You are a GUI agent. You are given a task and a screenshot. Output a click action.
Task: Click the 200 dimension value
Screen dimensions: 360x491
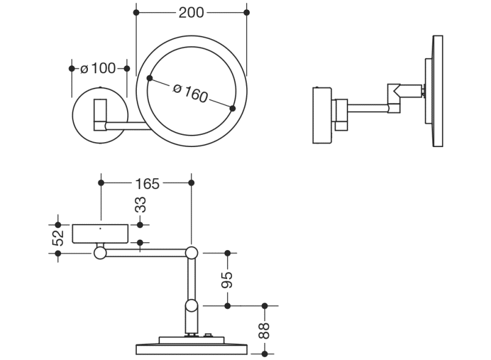click(191, 12)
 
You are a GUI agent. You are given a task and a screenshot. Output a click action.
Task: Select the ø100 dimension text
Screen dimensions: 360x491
click(98, 68)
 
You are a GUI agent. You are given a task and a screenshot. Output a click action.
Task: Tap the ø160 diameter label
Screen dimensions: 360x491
click(191, 94)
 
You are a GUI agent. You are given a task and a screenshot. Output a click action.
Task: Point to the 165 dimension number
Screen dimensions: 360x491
click(146, 182)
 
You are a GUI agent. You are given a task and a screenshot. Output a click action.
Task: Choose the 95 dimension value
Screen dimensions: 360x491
click(227, 279)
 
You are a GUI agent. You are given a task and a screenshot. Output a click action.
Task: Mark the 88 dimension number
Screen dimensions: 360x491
click(264, 329)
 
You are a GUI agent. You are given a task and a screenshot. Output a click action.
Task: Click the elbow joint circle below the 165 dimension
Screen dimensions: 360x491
click(192, 252)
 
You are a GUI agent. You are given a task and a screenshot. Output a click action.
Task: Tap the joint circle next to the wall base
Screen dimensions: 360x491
click(100, 252)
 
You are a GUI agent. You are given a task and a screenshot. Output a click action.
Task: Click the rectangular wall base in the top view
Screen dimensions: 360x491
click(101, 234)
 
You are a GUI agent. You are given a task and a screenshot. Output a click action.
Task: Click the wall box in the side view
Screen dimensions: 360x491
click(322, 116)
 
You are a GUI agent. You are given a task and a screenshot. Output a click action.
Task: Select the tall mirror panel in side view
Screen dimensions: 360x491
click(437, 92)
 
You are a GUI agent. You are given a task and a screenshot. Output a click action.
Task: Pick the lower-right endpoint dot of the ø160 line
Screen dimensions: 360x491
click(232, 109)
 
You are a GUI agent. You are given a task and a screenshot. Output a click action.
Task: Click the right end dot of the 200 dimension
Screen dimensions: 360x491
click(247, 12)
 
